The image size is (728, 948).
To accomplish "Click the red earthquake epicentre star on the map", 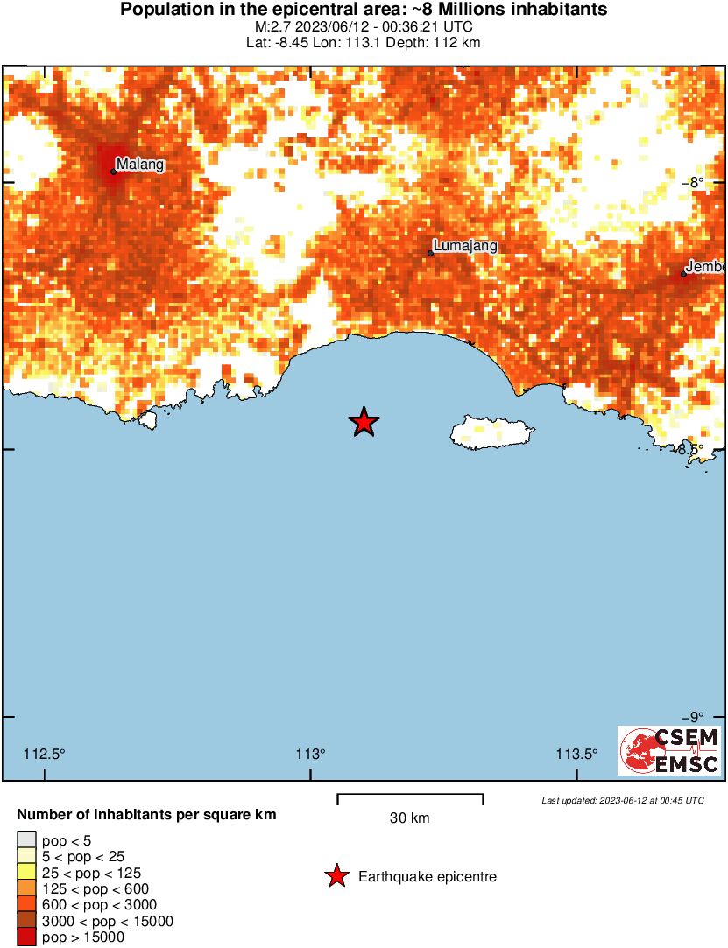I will [364, 423].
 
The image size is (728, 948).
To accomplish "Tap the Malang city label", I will [140, 164].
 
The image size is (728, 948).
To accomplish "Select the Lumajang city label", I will [465, 246].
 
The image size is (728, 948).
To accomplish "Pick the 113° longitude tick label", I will [310, 755].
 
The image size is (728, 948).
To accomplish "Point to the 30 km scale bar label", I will [410, 818].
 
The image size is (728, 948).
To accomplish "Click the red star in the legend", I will [336, 876].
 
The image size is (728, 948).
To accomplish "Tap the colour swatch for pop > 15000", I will [26, 937].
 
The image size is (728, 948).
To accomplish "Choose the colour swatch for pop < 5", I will [26, 840].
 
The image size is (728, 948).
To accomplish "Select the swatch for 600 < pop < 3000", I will [26, 905].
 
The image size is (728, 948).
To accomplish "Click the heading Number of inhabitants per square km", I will [146, 815].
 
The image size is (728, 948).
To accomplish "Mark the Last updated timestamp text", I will [623, 800].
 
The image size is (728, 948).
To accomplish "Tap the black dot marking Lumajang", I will [430, 253].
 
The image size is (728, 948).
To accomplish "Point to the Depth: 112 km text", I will [435, 42].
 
